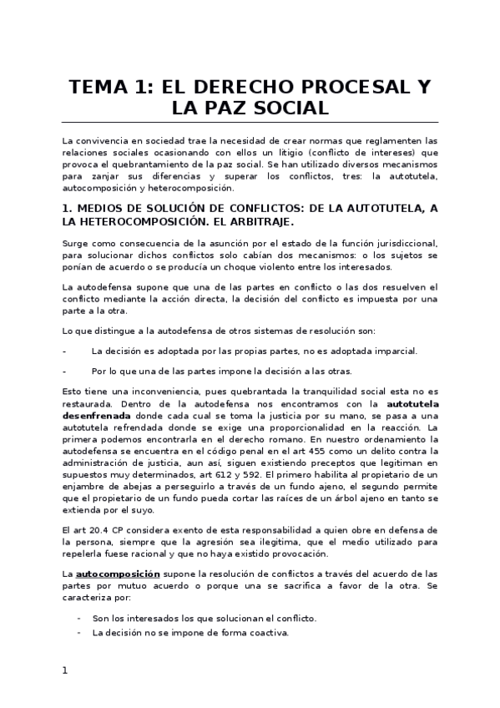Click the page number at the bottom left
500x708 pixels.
pos(64,670)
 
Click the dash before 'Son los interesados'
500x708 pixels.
pos(79,618)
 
